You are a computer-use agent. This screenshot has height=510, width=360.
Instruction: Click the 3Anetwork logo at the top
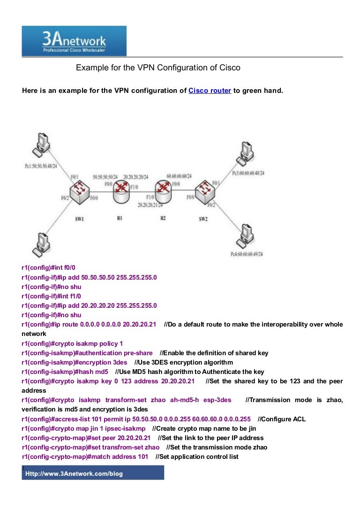coord(74,41)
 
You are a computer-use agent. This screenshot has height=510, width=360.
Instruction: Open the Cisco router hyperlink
coord(210,91)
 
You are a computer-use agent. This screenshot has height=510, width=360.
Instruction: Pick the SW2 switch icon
coord(204,190)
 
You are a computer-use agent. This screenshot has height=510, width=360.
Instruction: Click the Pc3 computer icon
coord(245,153)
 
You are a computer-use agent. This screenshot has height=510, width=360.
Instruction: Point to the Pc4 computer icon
coord(245,237)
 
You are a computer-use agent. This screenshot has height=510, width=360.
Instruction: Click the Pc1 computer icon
coord(41,144)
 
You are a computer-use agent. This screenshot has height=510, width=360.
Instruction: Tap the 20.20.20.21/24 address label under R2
coord(150,205)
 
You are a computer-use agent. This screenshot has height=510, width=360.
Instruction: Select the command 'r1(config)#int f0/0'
coord(48,267)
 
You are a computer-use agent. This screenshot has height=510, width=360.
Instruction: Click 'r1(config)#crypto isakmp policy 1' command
coord(72,343)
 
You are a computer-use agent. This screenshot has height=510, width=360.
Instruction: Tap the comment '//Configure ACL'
coord(282,419)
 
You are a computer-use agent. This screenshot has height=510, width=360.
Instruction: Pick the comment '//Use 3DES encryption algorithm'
coord(183,362)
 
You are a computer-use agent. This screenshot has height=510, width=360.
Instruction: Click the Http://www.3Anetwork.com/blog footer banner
coord(93,474)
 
